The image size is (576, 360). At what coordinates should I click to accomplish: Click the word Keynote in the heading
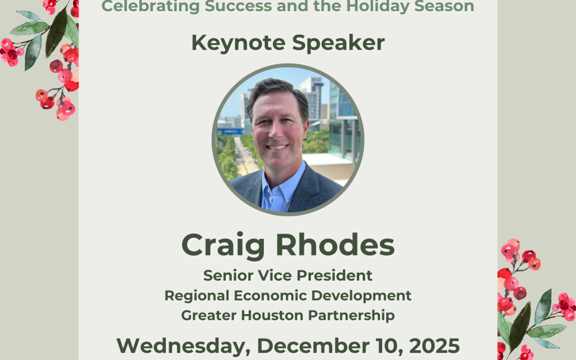[x=231, y=43]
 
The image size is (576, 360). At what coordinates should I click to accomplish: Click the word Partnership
[x=349, y=315]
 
